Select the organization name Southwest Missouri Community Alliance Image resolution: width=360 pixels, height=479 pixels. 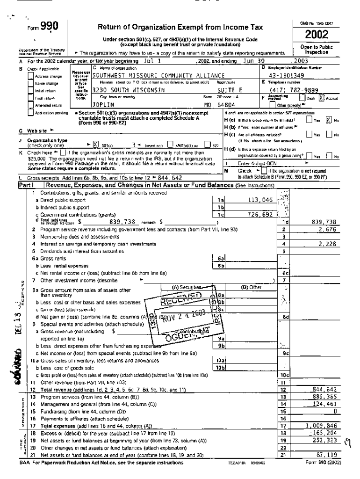[x=158, y=75]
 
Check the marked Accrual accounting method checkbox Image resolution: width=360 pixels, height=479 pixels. [x=321, y=98]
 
